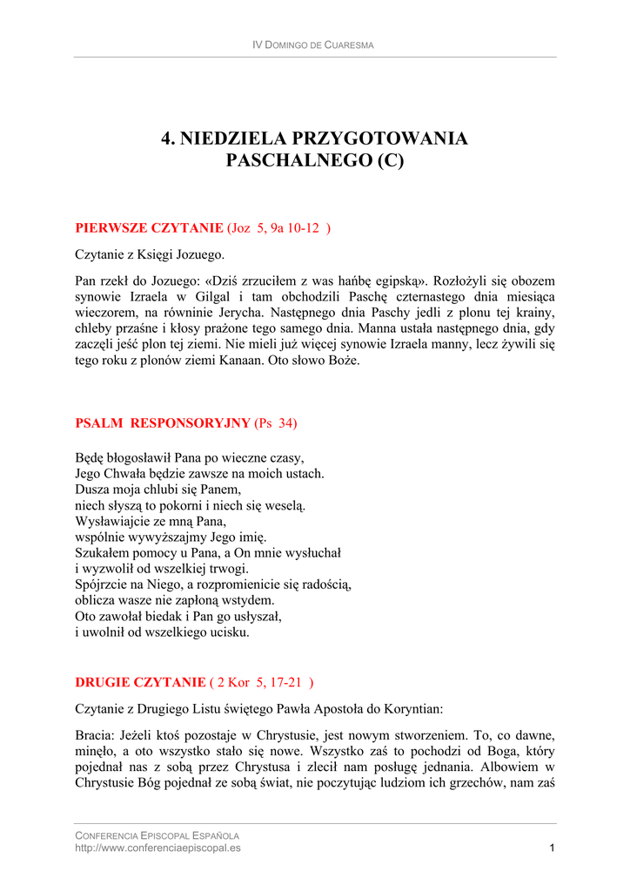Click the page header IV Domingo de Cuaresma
point(312,44)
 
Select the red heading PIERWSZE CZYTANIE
point(150,228)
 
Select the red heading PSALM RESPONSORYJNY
point(163,423)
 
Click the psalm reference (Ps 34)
point(276,423)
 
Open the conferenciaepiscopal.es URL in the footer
point(158,848)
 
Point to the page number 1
point(553,848)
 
